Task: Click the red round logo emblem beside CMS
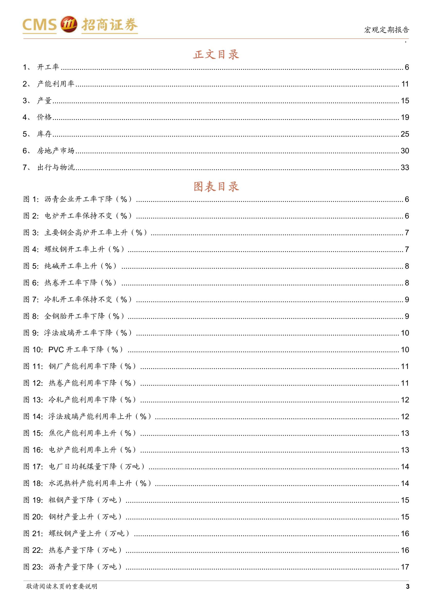[x=69, y=25]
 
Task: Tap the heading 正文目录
[x=216, y=54]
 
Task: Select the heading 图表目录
[x=216, y=186]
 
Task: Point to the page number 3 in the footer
[x=407, y=586]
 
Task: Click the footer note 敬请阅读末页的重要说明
[x=62, y=586]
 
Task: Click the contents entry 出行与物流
[x=56, y=167]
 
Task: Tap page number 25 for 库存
[x=405, y=134]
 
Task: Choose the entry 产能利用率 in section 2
[x=56, y=84]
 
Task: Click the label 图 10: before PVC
[x=33, y=349]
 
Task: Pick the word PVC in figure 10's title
[x=56, y=349]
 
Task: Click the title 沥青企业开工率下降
[x=79, y=199]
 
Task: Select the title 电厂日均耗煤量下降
[x=83, y=467]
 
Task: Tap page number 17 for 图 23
[x=405, y=567]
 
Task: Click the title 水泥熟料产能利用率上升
[x=90, y=483]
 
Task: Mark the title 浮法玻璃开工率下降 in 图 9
[x=79, y=333]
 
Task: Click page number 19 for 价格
[x=405, y=117]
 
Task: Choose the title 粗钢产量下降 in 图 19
[x=71, y=500]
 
